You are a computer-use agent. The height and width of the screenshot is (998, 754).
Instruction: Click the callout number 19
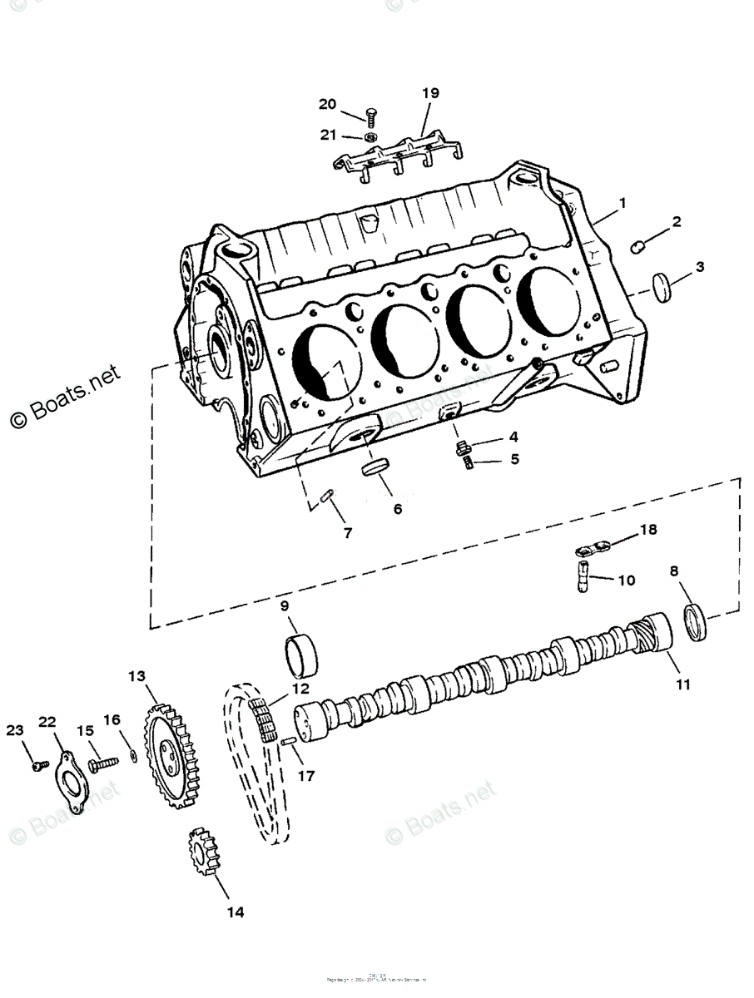point(429,93)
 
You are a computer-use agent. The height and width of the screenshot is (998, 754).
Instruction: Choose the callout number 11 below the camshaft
point(682,685)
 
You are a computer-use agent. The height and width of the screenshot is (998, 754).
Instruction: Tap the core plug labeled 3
point(663,287)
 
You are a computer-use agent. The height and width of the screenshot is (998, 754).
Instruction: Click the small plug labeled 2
point(639,245)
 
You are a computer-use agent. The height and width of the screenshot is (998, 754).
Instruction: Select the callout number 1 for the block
point(622,202)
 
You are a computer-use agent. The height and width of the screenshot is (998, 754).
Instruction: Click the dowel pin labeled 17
point(289,742)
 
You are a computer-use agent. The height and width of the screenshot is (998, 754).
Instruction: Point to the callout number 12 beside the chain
point(300,689)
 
